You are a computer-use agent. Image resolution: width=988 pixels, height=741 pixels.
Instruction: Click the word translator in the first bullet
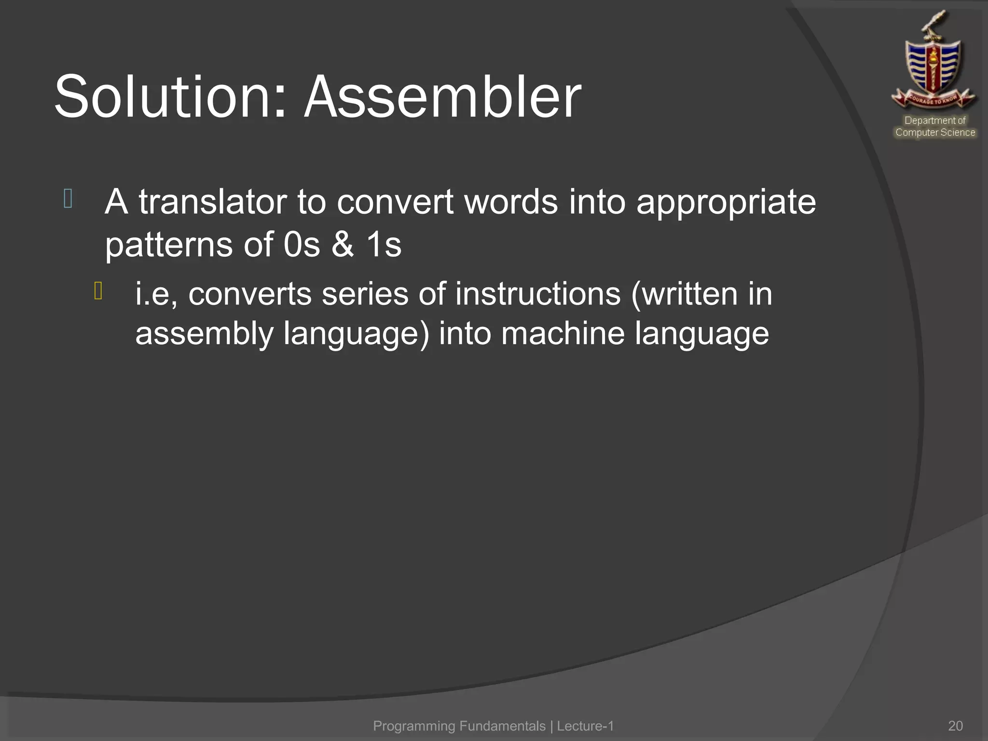coord(213,202)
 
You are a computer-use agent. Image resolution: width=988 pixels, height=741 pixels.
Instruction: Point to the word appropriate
coord(726,203)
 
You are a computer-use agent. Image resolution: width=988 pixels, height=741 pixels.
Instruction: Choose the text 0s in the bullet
coord(302,244)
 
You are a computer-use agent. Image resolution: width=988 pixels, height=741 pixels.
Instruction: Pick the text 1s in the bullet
coord(384,244)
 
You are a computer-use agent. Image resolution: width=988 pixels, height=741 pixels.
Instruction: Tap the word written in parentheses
coord(685,294)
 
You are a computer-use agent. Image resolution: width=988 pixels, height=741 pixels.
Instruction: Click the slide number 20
coord(955,726)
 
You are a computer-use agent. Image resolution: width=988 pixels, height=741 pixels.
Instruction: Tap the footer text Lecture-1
coord(585,726)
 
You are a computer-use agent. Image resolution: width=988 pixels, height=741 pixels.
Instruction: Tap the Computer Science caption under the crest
coord(935,132)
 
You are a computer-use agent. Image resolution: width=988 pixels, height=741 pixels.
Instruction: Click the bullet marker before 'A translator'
coord(68,199)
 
